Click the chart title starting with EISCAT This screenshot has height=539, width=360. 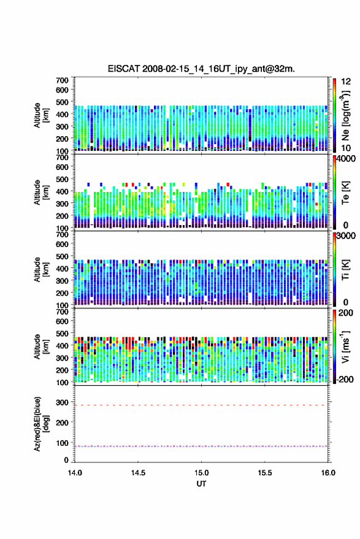201,69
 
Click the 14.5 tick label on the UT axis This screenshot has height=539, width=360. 138,473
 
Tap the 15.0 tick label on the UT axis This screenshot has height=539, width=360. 202,473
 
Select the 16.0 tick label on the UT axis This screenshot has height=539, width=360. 328,473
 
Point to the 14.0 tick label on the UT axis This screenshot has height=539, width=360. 75,473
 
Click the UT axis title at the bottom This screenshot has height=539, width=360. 201,484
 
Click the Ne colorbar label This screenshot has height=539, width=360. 345,115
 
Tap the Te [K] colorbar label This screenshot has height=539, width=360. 345,193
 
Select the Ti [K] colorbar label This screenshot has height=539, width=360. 345,270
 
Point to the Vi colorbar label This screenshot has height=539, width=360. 345,346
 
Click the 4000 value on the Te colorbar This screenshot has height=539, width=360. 346,159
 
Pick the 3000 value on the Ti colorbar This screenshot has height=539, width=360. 346,236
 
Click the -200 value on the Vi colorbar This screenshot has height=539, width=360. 345,380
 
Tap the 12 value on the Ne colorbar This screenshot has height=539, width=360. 346,82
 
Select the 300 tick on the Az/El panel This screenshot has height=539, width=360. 62,402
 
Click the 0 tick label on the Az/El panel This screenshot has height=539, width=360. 66,460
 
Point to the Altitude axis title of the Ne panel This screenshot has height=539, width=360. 42,115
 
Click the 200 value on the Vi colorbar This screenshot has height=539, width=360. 345,313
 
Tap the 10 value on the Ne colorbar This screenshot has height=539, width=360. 346,148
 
